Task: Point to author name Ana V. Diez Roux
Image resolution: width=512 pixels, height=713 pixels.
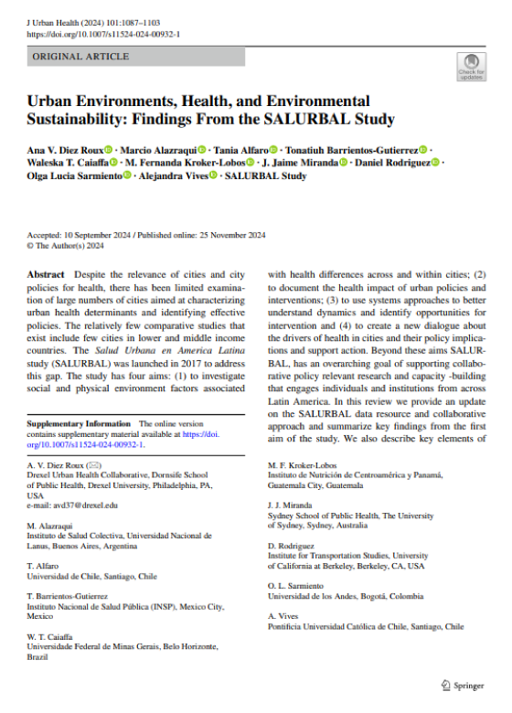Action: tap(64, 149)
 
